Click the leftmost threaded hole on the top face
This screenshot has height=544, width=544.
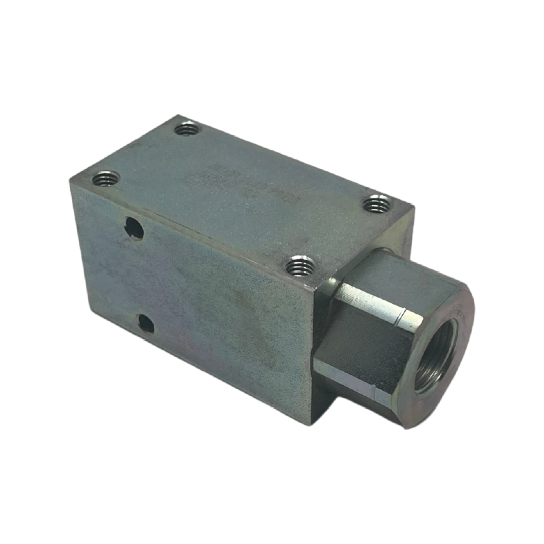[x=106, y=178]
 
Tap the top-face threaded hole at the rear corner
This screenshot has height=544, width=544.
[x=187, y=129]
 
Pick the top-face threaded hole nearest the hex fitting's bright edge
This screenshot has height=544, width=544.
[x=301, y=265]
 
